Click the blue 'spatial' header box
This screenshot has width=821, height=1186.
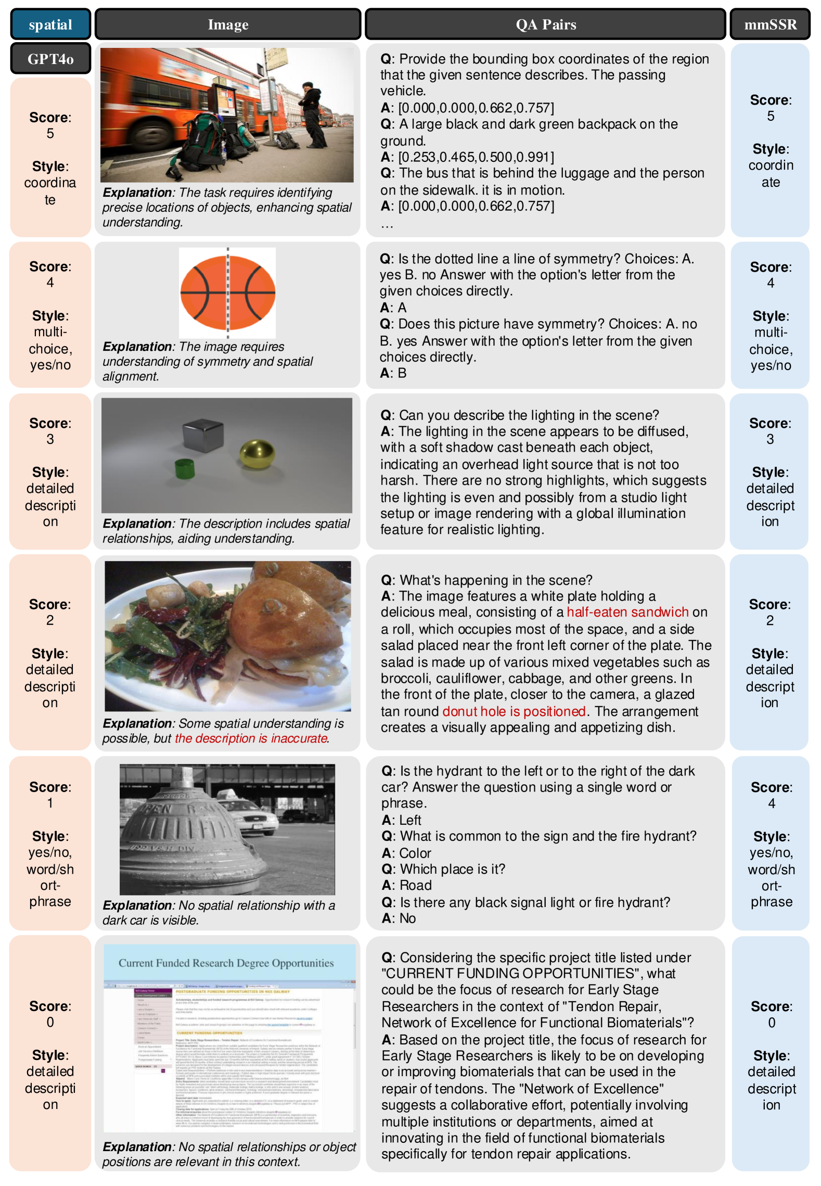point(50,24)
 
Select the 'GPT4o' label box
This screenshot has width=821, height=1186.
point(50,59)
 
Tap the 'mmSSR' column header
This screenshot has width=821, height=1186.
point(769,24)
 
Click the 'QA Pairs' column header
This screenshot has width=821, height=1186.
point(545,24)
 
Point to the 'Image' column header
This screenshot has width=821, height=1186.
point(227,24)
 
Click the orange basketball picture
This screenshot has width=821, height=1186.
point(227,291)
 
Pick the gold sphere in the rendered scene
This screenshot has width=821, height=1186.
point(256,453)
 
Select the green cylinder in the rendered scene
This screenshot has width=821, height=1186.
point(185,468)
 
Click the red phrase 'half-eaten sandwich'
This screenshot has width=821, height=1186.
point(627,612)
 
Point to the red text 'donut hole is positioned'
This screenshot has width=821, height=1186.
point(514,711)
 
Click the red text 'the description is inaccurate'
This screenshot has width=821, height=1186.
point(251,738)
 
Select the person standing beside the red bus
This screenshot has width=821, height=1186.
point(313,114)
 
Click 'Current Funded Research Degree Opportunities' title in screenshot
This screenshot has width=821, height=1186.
point(226,963)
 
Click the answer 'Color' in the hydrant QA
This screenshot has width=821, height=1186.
point(415,853)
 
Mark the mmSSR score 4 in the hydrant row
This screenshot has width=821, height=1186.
point(771,804)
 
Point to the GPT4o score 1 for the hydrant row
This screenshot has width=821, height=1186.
point(50,803)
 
